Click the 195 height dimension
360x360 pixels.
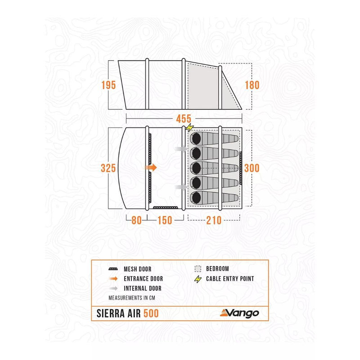coord(108,85)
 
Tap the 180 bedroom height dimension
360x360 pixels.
coord(252,85)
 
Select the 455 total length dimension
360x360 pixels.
coord(184,119)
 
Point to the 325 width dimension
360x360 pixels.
coord(108,168)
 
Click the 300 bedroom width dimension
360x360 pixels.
coord(252,168)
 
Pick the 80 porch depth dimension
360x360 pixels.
coord(136,220)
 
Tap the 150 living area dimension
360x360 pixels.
coord(165,220)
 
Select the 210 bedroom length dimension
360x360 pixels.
coord(214,220)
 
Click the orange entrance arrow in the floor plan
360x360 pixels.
coord(151,167)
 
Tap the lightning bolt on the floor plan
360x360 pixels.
coord(189,128)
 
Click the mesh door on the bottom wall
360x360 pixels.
coord(165,207)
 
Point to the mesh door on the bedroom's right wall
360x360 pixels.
coord(241,168)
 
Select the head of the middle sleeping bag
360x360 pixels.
coord(196,168)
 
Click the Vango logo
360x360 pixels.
coord(239,313)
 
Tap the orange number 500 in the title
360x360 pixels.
coord(151,313)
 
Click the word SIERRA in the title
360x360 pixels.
coord(110,313)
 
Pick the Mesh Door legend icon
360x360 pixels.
coord(113,269)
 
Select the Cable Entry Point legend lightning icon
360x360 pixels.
coord(198,279)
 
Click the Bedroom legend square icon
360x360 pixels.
coord(198,269)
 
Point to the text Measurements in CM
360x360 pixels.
coord(132,298)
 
